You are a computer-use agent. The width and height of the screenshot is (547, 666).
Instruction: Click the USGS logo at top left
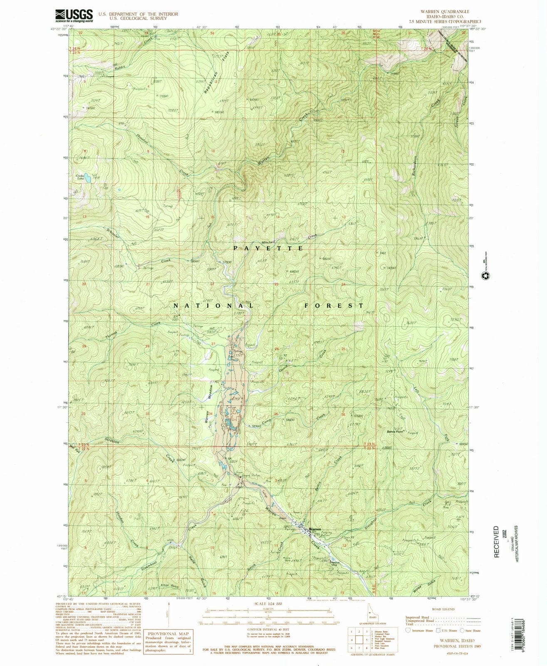tap(74, 16)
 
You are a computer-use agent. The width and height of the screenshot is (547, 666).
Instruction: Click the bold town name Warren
tap(315, 528)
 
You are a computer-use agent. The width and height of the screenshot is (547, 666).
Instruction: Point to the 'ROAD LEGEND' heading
tap(441, 609)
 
